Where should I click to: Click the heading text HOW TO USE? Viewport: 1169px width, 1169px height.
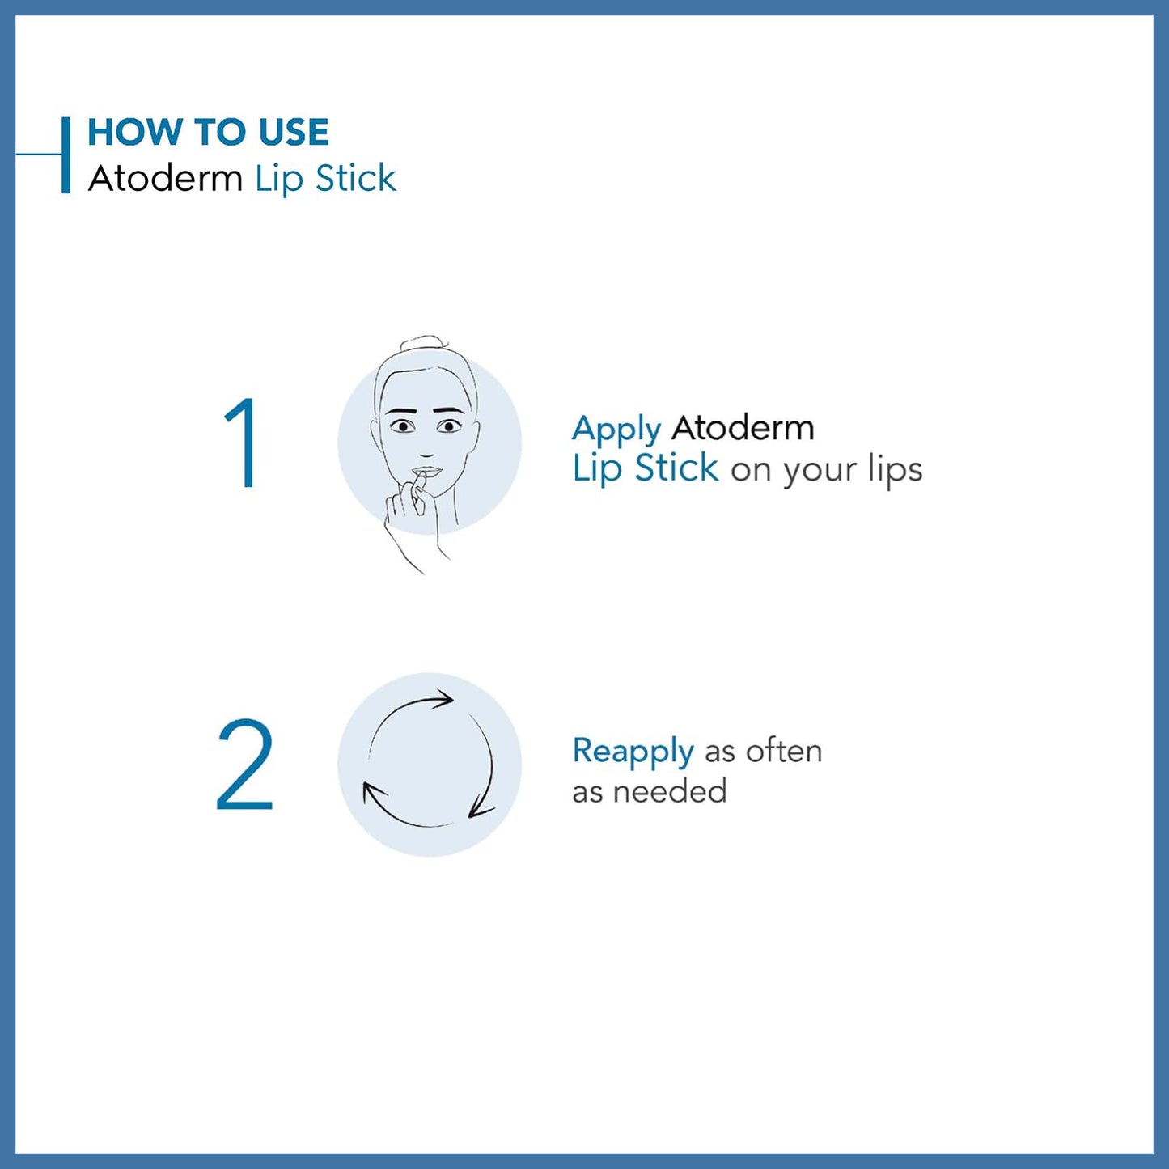coord(208,133)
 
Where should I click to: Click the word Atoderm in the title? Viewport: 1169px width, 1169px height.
coord(165,179)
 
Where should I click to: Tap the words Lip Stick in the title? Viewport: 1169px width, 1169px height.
coord(325,179)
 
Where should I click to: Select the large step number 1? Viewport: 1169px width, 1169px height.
coord(240,443)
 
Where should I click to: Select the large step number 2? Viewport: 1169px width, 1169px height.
coord(244,765)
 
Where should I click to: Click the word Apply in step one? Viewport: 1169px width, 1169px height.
coord(616,430)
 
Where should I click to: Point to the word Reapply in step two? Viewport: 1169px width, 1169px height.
coord(633,752)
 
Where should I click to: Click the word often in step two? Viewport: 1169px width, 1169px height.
coord(783,751)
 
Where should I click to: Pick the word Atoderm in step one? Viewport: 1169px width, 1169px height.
coord(743,428)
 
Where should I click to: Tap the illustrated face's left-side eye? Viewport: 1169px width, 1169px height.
coord(402,426)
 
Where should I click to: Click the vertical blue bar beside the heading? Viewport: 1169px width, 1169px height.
coord(66,155)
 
